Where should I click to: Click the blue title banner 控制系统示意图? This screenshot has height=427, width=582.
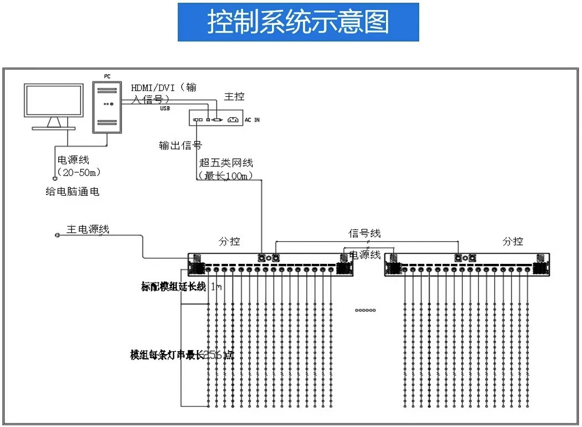[298, 22]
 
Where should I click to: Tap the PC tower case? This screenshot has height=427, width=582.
[107, 108]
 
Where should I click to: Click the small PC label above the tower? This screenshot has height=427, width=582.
[107, 76]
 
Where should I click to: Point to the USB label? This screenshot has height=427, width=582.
[165, 108]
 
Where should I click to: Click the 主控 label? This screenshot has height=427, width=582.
[234, 97]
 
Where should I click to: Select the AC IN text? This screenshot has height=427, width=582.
[252, 119]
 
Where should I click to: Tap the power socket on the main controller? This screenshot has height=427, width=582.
[233, 119]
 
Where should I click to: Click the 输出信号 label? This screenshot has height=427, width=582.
[180, 145]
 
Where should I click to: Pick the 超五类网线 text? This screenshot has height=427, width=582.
[226, 163]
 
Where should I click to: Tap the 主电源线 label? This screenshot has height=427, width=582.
[88, 229]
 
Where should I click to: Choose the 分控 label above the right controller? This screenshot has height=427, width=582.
[513, 242]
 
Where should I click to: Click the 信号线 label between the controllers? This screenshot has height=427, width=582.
[364, 233]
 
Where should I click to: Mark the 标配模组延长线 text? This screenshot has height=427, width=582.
[173, 287]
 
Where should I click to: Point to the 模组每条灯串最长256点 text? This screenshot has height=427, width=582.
[181, 355]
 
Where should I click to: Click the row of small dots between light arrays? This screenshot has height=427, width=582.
[365, 310]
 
